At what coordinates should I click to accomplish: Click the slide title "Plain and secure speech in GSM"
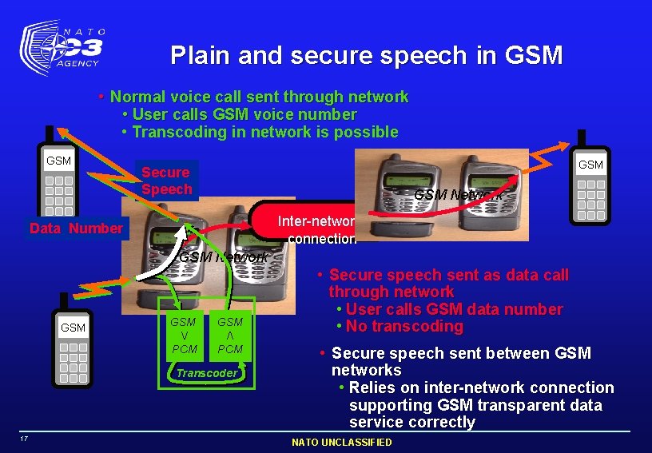click(366, 55)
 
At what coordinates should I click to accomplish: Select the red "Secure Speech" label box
click(166, 181)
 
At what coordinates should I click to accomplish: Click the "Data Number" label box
click(76, 229)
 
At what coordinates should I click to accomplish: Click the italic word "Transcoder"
click(207, 373)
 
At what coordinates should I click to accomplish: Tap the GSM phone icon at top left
click(58, 180)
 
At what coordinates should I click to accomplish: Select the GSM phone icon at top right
click(590, 185)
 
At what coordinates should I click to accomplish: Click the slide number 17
click(26, 439)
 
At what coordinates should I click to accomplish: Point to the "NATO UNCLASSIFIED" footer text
click(341, 443)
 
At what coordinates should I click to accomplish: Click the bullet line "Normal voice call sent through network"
click(259, 97)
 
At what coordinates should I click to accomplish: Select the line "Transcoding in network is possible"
click(264, 132)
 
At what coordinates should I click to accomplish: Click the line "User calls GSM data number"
click(455, 309)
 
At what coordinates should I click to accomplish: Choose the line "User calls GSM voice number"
click(244, 114)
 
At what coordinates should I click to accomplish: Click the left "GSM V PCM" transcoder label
click(184, 335)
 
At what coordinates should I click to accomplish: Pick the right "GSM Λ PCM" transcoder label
click(230, 335)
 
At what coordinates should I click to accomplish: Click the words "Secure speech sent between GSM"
click(461, 353)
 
